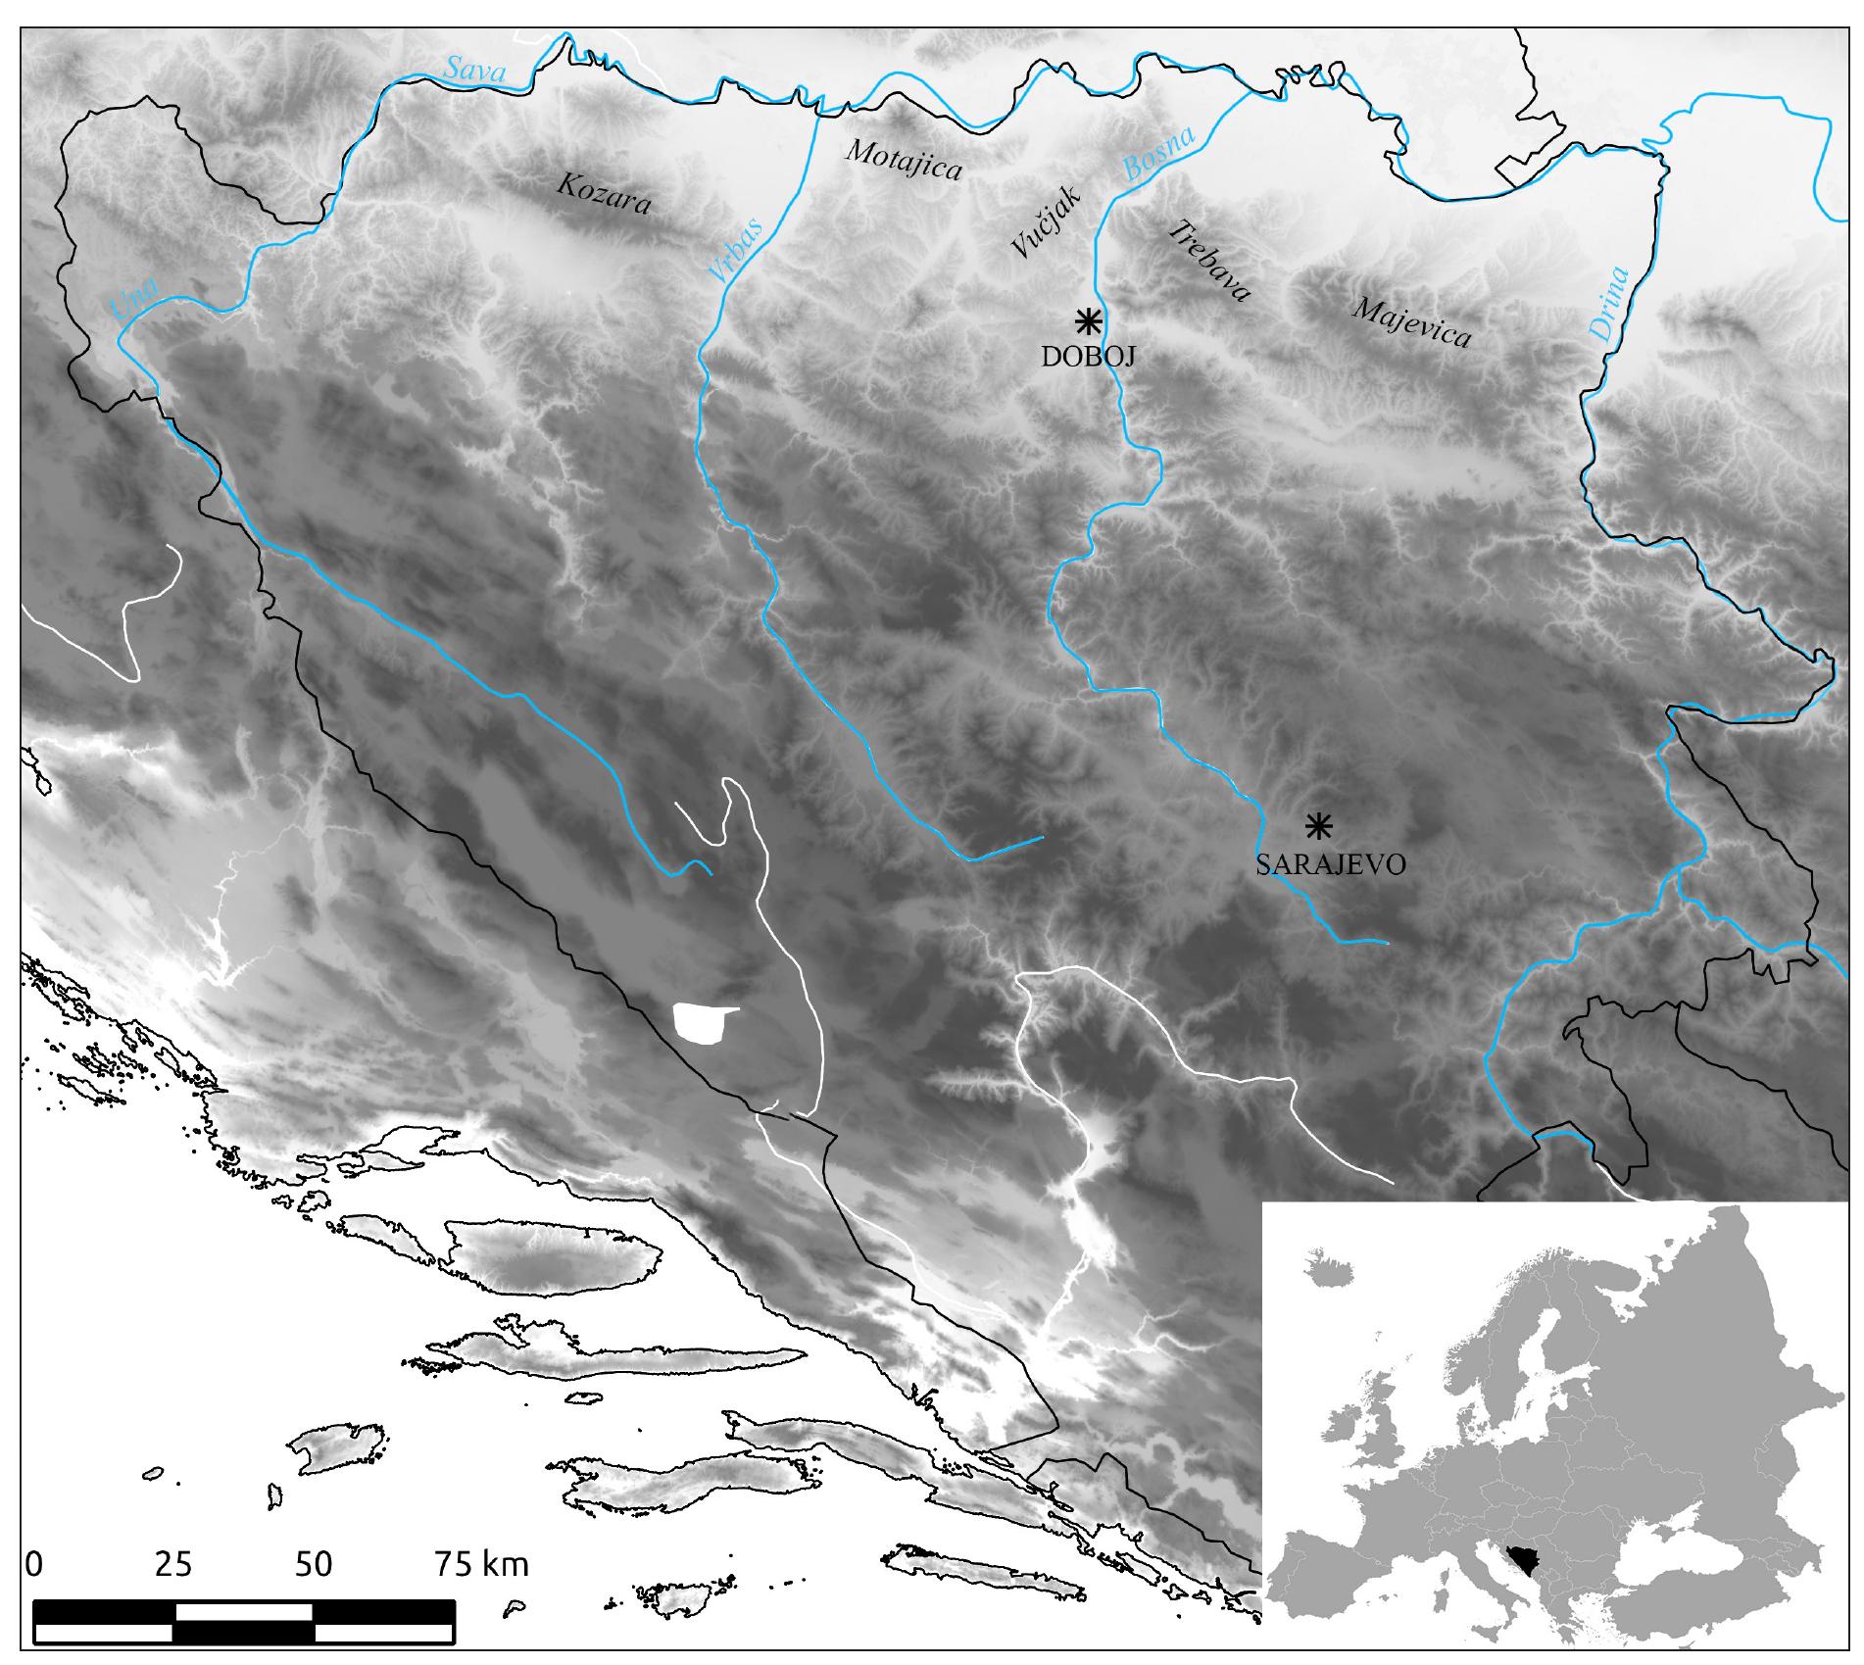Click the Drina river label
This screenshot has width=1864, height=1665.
click(1609, 304)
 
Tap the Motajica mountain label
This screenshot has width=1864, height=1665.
click(903, 159)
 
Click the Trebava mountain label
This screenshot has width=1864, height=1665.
click(1211, 261)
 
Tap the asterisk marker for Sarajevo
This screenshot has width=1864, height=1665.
click(1319, 826)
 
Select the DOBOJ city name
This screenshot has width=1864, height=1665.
click(1088, 357)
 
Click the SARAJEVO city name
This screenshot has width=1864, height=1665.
click(1331, 864)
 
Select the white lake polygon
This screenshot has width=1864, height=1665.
click(702, 1022)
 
